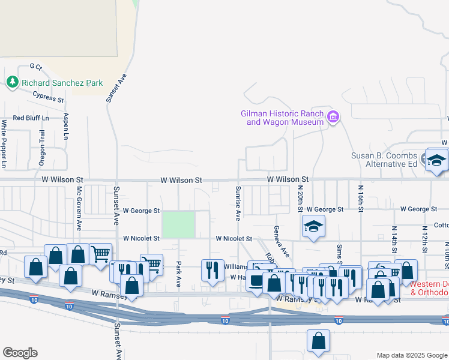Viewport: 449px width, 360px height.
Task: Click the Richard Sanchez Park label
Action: [62, 83]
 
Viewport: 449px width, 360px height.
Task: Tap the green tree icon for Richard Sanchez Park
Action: [12, 82]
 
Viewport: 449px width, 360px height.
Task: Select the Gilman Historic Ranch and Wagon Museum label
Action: [282, 118]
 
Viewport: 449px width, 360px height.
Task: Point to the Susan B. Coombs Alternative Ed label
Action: [384, 160]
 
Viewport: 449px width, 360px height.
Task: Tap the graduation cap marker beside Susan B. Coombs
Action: [436, 160]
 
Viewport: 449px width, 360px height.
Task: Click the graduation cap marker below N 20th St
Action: [313, 228]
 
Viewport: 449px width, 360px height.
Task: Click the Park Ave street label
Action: [178, 273]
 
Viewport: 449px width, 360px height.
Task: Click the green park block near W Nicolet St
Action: [178, 224]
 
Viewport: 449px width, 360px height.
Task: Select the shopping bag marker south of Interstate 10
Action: [318, 341]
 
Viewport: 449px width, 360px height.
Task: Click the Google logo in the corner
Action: [20, 353]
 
